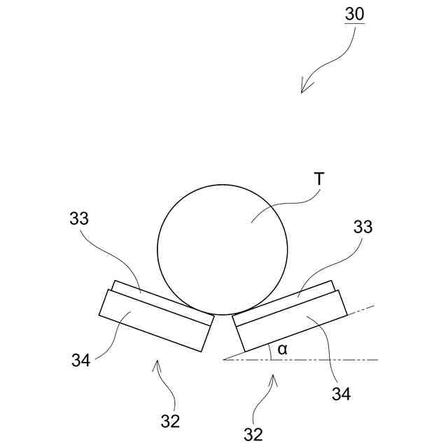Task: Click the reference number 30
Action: coord(354,14)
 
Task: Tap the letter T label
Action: coord(319,180)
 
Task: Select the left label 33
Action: coord(79,218)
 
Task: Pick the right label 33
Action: coord(363,227)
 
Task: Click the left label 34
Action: coord(80,360)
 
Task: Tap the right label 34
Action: coord(341,394)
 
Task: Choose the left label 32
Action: coord(170,421)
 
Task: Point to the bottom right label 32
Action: coord(253,435)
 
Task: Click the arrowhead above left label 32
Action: coord(157,363)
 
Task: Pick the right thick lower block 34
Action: coord(290,322)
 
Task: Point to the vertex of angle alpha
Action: coord(223,360)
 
